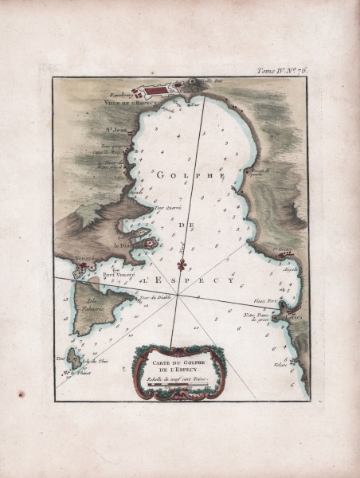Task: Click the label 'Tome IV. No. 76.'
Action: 282,70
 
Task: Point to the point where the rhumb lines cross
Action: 178,296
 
